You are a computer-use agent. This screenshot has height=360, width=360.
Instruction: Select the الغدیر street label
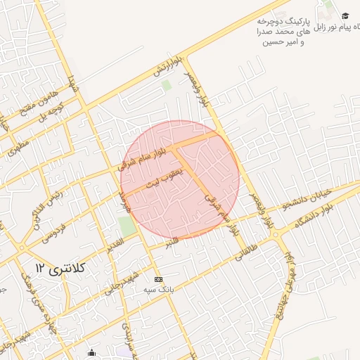(113, 244)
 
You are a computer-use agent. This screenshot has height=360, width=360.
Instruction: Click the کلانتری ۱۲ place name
(59, 267)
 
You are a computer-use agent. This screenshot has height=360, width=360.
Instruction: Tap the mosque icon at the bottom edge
(91, 353)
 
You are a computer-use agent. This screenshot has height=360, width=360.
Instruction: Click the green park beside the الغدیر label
(127, 226)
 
